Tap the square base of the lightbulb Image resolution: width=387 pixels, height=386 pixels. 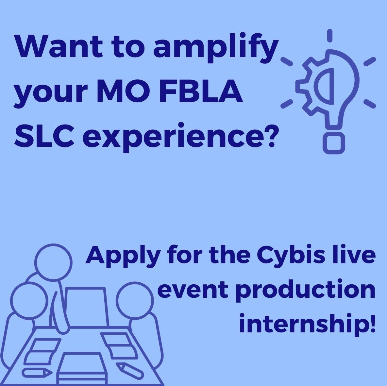(x=333, y=143)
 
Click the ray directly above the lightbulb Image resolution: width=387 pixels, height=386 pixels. (x=330, y=35)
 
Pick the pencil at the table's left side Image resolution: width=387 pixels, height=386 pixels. (x=37, y=372)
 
